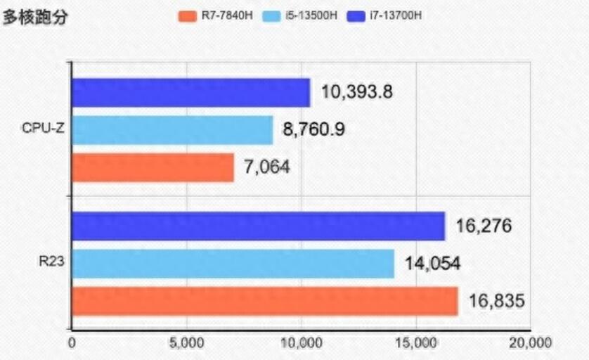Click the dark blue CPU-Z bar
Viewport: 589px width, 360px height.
click(x=190, y=92)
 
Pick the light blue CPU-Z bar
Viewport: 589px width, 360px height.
click(x=172, y=130)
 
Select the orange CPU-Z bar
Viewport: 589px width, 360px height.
click(x=153, y=167)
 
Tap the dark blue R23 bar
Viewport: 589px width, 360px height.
click(x=258, y=226)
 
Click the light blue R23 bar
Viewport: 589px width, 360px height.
click(x=233, y=264)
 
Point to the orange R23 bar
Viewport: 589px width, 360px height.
click(x=264, y=301)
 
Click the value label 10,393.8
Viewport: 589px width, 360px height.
click(x=356, y=91)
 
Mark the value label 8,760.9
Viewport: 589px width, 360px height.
click(x=313, y=129)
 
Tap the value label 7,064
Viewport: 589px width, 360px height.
click(x=267, y=167)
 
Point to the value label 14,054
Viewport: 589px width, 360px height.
click(x=432, y=264)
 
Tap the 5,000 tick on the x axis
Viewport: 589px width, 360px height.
click(x=187, y=344)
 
